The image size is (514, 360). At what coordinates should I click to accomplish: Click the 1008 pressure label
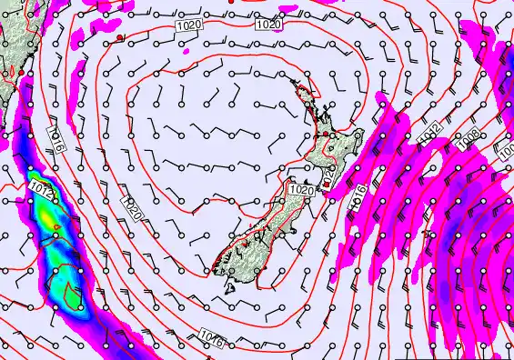pyautogui.click(x=470, y=135)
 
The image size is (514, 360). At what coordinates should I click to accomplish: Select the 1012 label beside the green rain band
pyautogui.click(x=40, y=188)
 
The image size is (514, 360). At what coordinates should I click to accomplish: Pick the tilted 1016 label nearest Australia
pyautogui.click(x=56, y=138)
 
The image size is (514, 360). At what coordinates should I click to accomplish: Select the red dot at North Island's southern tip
pyautogui.click(x=327, y=185)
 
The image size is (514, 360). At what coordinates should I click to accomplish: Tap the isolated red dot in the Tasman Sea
pyautogui.click(x=119, y=37)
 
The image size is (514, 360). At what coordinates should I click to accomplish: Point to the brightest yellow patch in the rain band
pyautogui.click(x=36, y=178)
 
